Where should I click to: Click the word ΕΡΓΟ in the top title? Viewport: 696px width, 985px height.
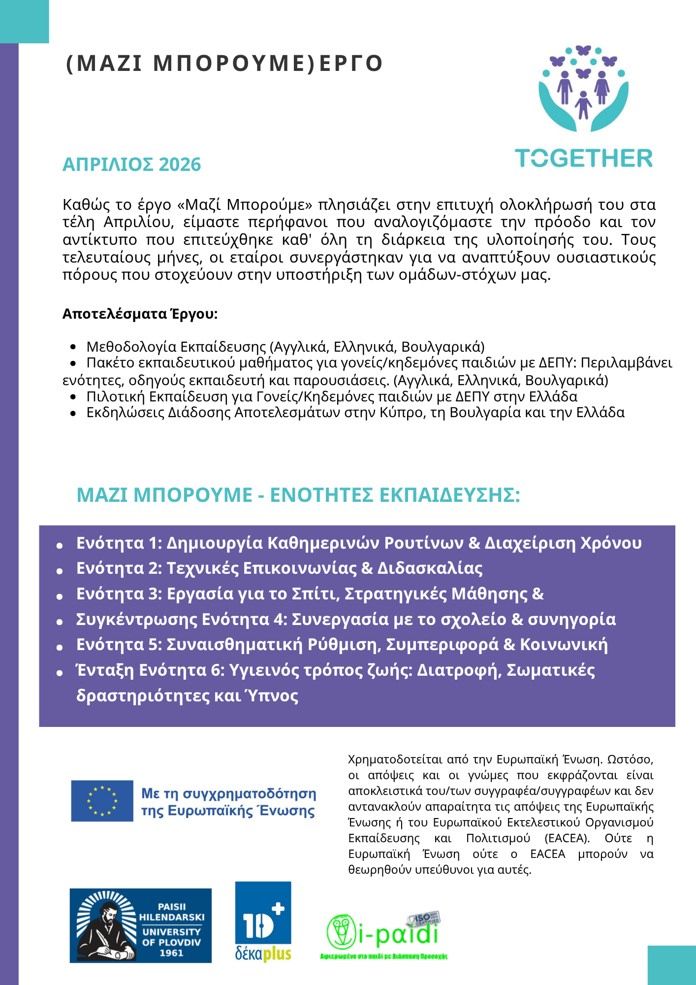click(x=351, y=64)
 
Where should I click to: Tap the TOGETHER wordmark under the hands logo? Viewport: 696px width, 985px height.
click(x=584, y=159)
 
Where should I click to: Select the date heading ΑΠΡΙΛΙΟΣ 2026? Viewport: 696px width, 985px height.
click(x=131, y=164)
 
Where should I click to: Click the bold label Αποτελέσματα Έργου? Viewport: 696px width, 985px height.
click(x=140, y=314)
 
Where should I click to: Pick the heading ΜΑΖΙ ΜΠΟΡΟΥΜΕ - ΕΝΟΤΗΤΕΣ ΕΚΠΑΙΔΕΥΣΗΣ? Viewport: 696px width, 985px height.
click(x=298, y=495)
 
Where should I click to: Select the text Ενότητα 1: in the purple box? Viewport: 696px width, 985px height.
click(x=119, y=543)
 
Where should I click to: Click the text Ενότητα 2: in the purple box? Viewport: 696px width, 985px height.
click(x=119, y=568)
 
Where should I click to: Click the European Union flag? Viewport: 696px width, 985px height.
click(x=102, y=801)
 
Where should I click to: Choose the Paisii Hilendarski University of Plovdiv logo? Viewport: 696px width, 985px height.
click(x=140, y=925)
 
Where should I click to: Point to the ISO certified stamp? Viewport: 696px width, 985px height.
click(x=424, y=919)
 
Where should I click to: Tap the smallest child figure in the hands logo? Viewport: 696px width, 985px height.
click(x=583, y=104)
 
